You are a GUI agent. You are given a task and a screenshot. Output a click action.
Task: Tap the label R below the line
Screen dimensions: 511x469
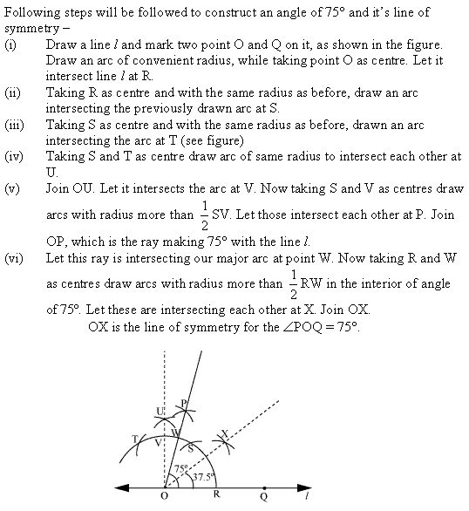215,502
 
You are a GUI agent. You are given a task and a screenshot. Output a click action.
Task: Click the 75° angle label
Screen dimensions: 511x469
181,467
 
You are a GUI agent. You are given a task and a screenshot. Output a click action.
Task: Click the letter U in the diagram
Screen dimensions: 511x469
160,411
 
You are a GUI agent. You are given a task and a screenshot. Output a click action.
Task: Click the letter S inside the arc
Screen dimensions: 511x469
193,447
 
